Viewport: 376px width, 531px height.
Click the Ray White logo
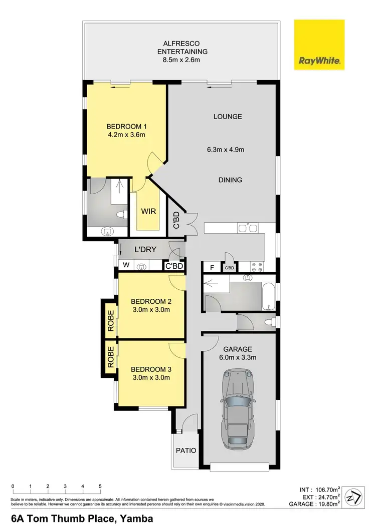[x=319, y=46]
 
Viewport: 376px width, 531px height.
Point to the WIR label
[x=148, y=212]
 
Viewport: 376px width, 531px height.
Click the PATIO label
[x=186, y=450]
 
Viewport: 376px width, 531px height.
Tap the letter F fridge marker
[x=212, y=268]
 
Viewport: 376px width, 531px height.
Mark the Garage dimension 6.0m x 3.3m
[x=239, y=357]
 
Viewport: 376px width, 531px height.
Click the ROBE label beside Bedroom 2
[x=109, y=322]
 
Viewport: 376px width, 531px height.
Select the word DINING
[x=228, y=180]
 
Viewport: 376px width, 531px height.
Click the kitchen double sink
[x=249, y=228]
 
